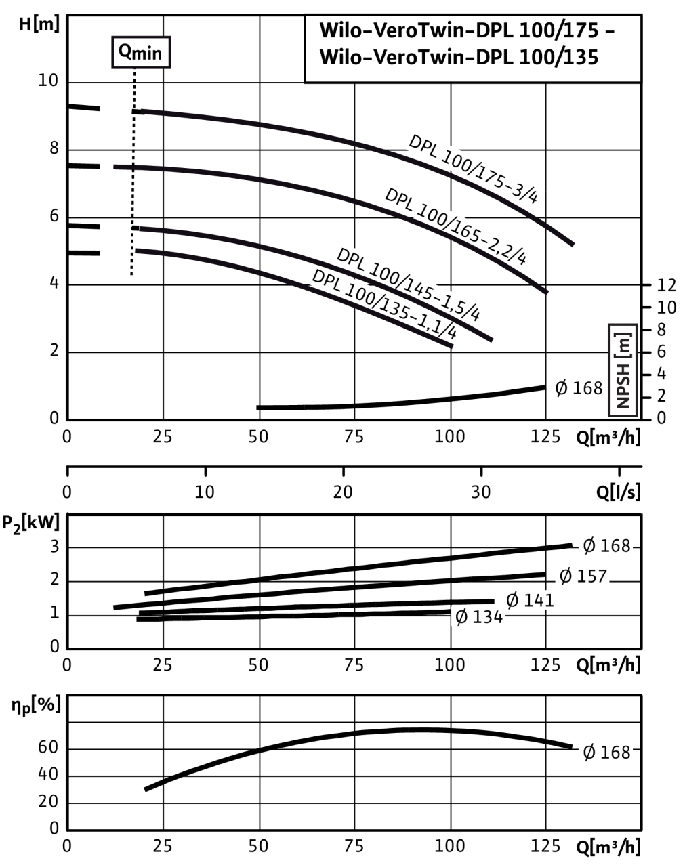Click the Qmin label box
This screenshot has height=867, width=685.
(140, 53)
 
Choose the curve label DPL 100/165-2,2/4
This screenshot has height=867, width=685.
(458, 226)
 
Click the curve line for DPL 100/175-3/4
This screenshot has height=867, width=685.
(271, 128)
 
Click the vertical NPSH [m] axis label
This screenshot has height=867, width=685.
(623, 370)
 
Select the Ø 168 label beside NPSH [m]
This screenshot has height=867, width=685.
(579, 388)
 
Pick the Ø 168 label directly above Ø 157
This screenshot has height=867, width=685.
(606, 545)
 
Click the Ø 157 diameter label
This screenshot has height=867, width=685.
(583, 576)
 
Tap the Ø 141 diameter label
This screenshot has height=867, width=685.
(530, 600)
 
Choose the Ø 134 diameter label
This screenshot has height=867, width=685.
(478, 617)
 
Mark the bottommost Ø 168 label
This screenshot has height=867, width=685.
(606, 753)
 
